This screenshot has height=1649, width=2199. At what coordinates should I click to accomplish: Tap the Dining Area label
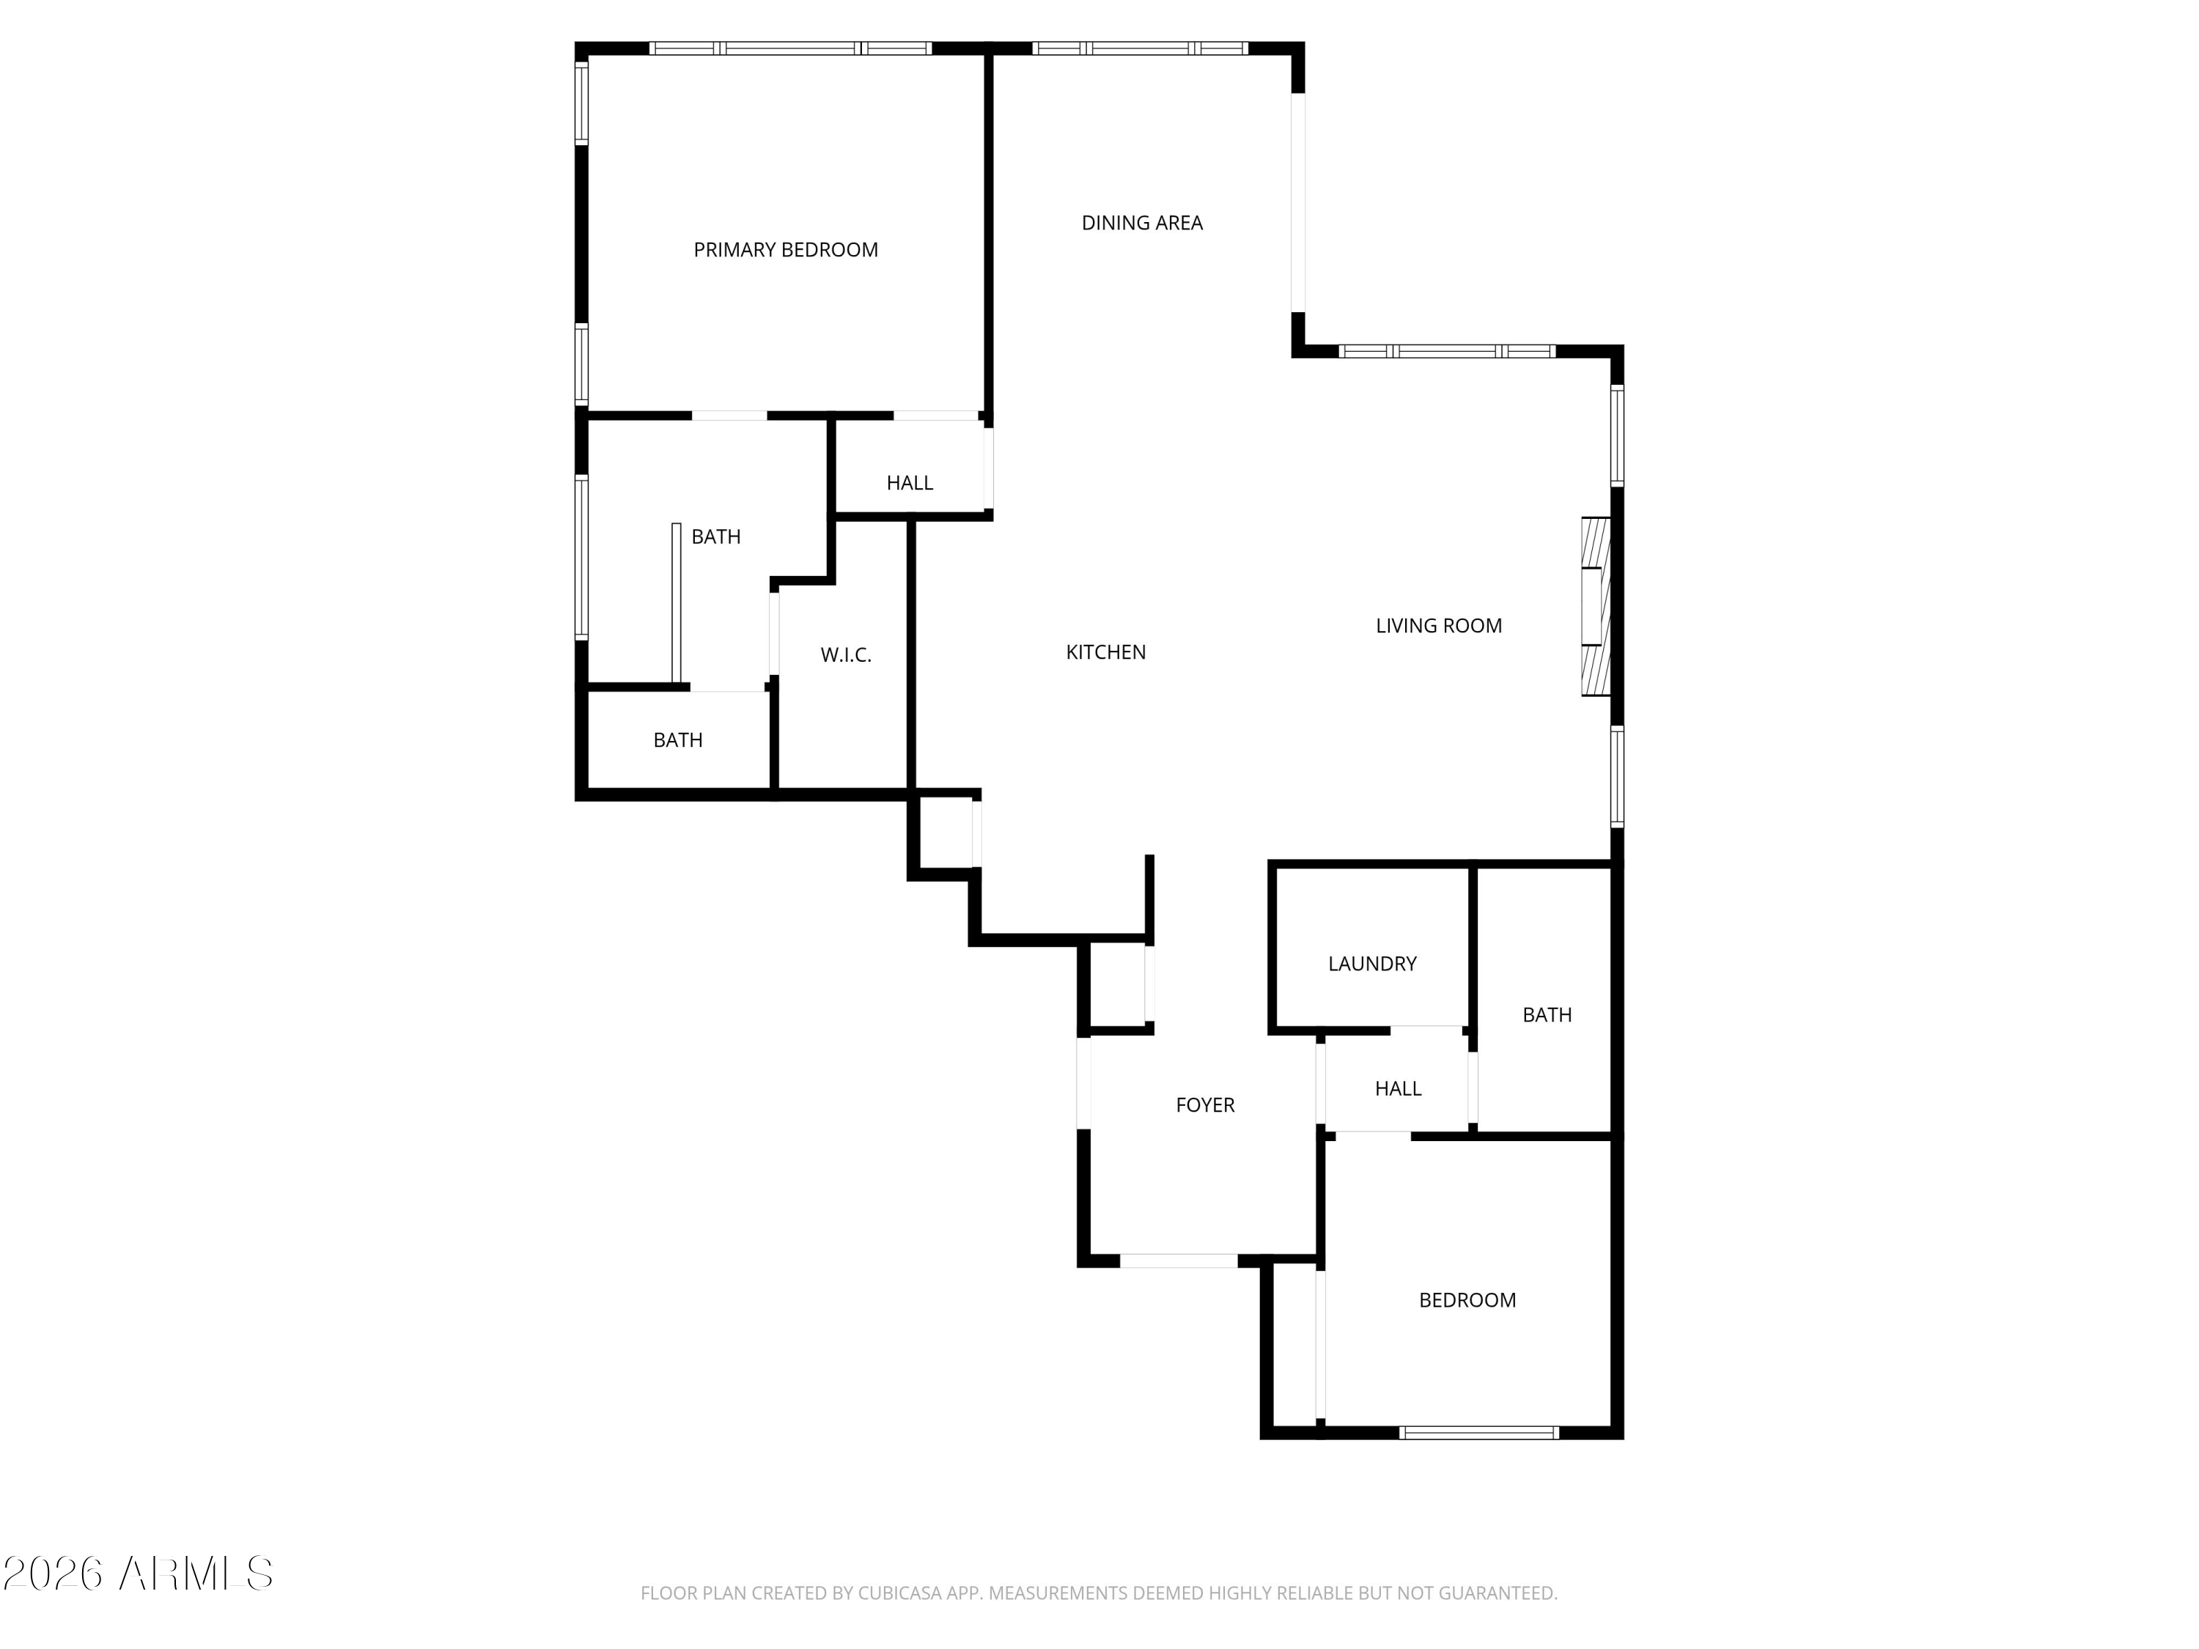click(x=1142, y=224)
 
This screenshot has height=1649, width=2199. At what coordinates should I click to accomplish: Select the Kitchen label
click(x=1105, y=652)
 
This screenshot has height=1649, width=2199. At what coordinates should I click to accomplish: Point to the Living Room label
click(x=1438, y=626)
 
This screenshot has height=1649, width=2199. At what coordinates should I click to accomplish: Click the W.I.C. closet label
click(x=846, y=655)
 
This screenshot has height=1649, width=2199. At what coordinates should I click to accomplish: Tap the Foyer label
click(x=1205, y=1105)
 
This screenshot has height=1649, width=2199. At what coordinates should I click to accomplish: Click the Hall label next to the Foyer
click(x=1398, y=1089)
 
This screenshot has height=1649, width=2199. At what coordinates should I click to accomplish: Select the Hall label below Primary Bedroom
click(x=910, y=483)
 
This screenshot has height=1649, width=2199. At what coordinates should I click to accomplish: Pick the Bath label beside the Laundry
click(x=1547, y=1015)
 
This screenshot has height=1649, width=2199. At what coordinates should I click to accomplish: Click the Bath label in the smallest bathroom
click(x=678, y=740)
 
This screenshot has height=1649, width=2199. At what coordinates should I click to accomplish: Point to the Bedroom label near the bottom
click(x=1467, y=1300)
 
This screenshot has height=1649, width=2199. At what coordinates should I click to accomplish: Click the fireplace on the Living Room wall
click(x=1596, y=606)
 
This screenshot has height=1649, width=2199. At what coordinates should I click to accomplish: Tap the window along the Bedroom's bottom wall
click(x=1478, y=1432)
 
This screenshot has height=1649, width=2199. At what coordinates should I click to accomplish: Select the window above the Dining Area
click(x=1141, y=48)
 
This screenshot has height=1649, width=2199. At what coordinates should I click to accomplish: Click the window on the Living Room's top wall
click(x=1448, y=351)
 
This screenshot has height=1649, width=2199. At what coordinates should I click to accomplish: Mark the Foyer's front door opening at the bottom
click(x=1179, y=1261)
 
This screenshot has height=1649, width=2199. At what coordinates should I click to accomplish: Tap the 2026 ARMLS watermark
click(x=139, y=1574)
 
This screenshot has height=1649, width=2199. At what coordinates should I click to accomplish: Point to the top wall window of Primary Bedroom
click(x=790, y=48)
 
